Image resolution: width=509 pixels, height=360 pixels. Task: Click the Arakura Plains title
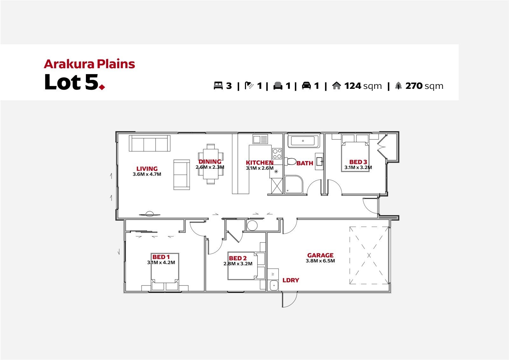(x=89, y=64)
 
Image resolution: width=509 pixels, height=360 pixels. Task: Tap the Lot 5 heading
(x=74, y=82)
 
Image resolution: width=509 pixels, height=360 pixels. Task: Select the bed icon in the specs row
(x=218, y=86)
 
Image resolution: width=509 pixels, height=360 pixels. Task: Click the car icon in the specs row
(x=306, y=86)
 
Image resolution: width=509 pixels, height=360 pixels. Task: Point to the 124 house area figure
(x=353, y=86)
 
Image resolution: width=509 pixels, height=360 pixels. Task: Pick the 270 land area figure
(x=414, y=86)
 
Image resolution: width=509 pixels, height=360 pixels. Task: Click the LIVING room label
(x=147, y=169)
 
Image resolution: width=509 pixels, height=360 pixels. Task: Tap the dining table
(x=211, y=164)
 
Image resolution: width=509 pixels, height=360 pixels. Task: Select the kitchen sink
(x=261, y=139)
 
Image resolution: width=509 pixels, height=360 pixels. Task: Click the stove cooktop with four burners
(x=277, y=153)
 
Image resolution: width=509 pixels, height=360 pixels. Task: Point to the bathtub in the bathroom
(x=303, y=141)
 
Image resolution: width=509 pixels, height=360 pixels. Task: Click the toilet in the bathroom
(x=290, y=161)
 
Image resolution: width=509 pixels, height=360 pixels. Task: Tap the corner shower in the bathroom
(x=294, y=184)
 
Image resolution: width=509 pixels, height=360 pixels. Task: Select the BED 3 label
(x=358, y=162)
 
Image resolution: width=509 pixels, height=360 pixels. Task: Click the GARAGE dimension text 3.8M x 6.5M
(x=320, y=261)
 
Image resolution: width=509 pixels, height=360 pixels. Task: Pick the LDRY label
(x=291, y=280)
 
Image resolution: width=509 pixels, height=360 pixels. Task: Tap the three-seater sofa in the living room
(x=150, y=143)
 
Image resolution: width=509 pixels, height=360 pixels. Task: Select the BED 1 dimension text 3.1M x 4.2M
(x=161, y=262)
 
